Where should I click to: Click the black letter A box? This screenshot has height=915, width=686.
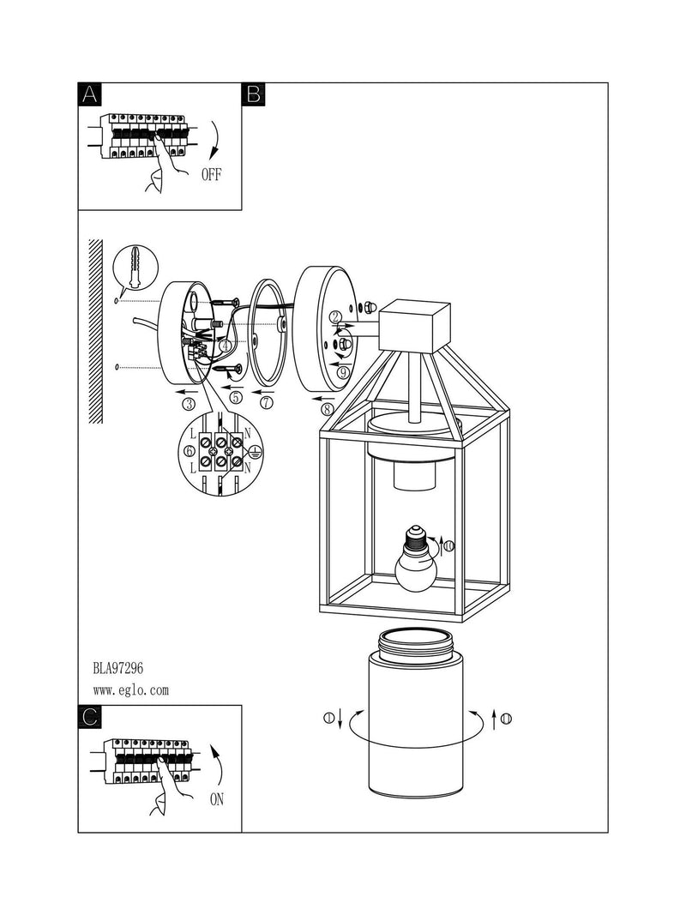[x=90, y=94]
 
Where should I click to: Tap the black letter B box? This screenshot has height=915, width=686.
[x=253, y=94]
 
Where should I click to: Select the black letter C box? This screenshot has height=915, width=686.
[x=90, y=716]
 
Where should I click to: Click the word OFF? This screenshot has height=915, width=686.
[x=211, y=174]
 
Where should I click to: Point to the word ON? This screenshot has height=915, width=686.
[x=216, y=799]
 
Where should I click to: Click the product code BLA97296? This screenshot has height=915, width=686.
[x=117, y=667]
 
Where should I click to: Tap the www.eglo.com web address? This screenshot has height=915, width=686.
[x=130, y=690]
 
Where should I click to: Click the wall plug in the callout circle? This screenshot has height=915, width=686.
[x=135, y=266]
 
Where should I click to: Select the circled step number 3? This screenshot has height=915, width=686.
[x=188, y=403]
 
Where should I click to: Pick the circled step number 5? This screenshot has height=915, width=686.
[x=235, y=398]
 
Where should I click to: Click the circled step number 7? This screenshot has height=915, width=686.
[x=267, y=403]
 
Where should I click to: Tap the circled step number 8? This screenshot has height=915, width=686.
[x=328, y=409]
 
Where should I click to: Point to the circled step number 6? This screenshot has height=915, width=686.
[x=189, y=451]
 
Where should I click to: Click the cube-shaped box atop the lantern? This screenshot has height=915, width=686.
[x=415, y=326]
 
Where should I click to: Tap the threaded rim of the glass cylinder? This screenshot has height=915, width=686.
[x=415, y=642]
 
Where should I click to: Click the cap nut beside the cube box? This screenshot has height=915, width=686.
[x=370, y=306]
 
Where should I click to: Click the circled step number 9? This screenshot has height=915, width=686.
[x=342, y=371]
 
